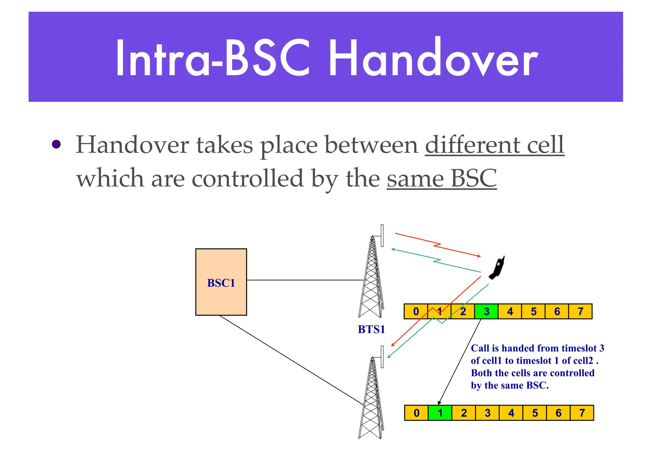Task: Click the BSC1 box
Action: coord(221,282)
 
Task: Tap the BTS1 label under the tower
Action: coord(371,329)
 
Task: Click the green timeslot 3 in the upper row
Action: coord(486,311)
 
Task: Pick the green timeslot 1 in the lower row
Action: coord(440,413)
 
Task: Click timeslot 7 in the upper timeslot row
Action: coord(580,311)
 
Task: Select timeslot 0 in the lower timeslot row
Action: coord(416,413)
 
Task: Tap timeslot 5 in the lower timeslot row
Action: coord(535,413)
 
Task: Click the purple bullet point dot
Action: coord(56,145)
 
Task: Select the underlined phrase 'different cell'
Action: coord(494,145)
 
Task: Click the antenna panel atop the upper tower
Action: coord(382,236)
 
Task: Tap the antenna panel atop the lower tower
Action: coord(382,357)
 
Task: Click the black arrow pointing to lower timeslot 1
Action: coord(458,363)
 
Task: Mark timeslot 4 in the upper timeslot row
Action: coord(510,311)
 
